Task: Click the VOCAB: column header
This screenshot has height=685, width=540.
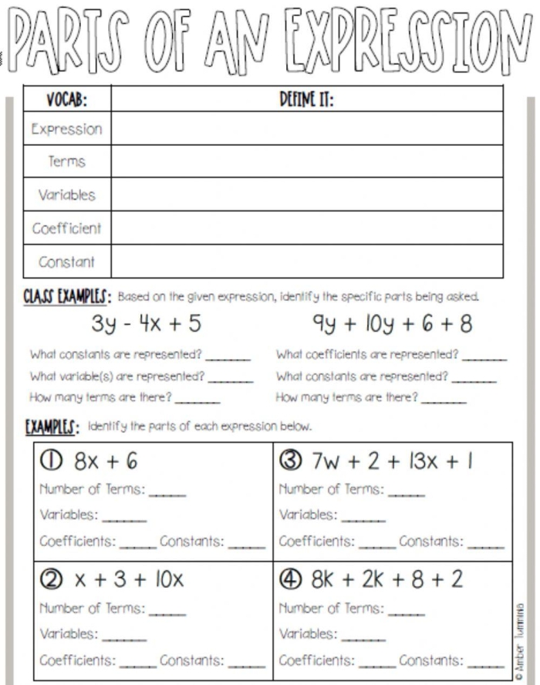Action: click(x=66, y=100)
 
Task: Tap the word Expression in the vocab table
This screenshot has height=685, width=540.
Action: click(x=66, y=129)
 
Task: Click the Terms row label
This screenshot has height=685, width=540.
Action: click(x=66, y=162)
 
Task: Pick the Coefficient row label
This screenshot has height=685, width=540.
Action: click(x=66, y=228)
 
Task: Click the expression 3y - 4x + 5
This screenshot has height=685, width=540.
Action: click(x=147, y=325)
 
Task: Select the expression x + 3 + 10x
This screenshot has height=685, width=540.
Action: click(x=129, y=579)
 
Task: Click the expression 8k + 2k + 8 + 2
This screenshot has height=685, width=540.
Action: click(x=387, y=579)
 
